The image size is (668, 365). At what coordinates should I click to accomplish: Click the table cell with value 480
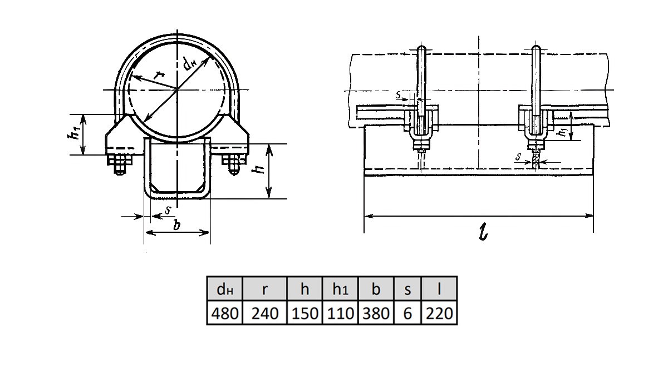[x=224, y=313]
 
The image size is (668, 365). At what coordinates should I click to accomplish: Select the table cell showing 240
[x=264, y=313]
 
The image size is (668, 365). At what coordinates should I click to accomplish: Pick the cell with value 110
[x=340, y=313]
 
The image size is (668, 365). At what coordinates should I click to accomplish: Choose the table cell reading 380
[x=376, y=313]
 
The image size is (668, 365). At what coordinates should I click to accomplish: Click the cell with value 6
[x=407, y=313]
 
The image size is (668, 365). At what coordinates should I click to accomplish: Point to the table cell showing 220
[x=439, y=313]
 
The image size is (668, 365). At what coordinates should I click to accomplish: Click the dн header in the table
[x=224, y=289]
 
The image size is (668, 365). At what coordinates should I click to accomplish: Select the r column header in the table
[x=264, y=289]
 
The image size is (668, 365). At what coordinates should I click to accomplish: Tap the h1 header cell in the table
[x=340, y=289]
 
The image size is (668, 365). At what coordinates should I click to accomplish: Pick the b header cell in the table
[x=376, y=289]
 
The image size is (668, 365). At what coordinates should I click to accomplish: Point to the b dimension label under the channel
[x=176, y=226]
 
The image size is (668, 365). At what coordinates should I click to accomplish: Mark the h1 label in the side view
[x=563, y=132]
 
